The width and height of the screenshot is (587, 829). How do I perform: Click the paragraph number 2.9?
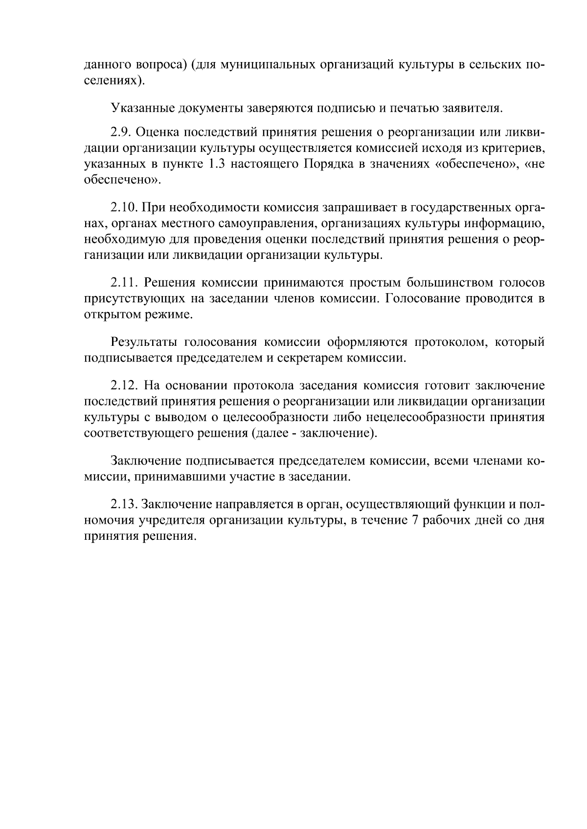120,133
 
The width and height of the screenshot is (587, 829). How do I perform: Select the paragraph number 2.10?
124,208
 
